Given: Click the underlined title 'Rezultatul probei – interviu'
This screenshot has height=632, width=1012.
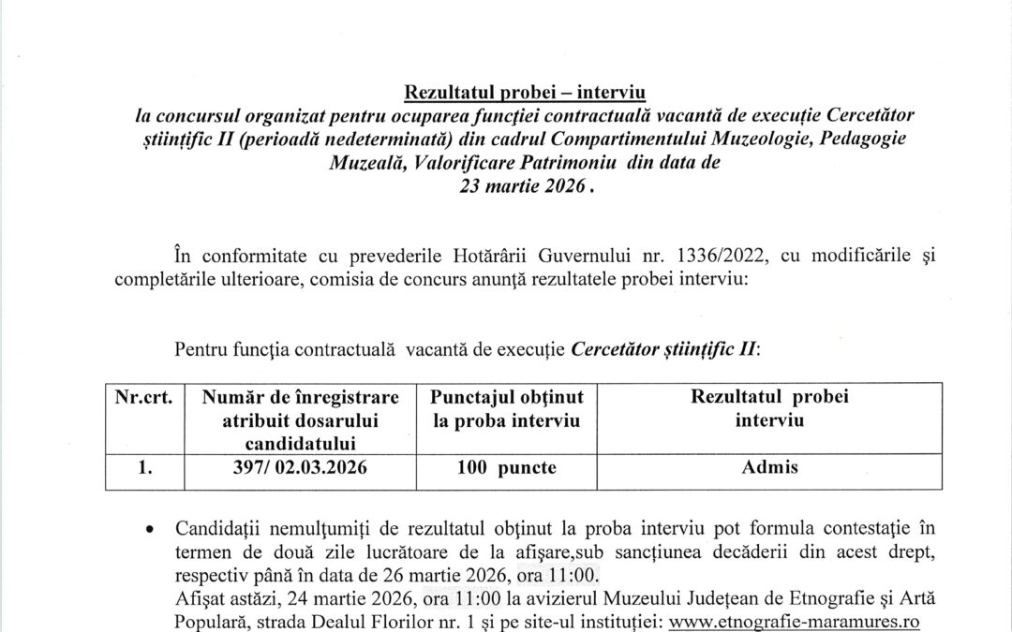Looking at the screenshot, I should tap(525, 92).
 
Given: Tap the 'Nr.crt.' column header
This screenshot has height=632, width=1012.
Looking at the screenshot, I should tap(144, 397).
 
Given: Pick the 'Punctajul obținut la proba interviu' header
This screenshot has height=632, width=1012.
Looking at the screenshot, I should tap(507, 409).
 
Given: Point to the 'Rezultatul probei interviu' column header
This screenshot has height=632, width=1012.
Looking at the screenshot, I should tap(769, 408).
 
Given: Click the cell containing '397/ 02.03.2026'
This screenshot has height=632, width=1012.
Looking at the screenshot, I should tap(300, 467).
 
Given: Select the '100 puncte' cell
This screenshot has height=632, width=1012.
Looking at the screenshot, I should tap(507, 467).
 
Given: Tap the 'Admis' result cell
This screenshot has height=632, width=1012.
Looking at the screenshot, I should tap(769, 467).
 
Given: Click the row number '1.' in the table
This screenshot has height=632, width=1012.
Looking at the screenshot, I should tap(144, 467).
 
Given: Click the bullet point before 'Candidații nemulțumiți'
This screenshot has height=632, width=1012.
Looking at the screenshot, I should tap(150, 530).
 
